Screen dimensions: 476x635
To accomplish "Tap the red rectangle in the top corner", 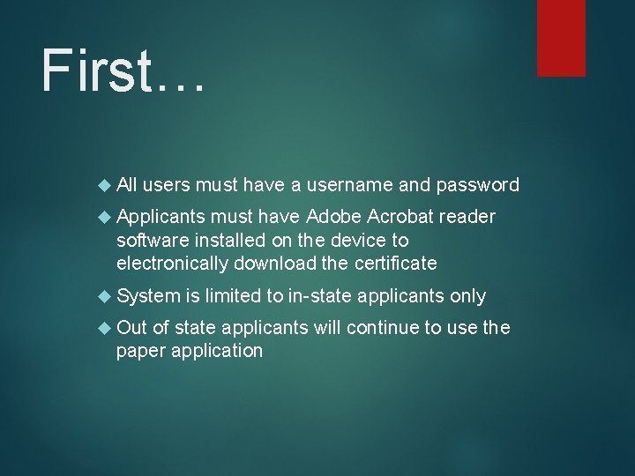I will pyautogui.click(x=562, y=37).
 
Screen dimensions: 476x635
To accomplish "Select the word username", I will pyautogui.click(x=348, y=185).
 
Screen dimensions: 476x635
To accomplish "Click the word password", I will pyautogui.click(x=476, y=185).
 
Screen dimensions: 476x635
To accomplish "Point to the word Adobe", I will pyautogui.click(x=333, y=217).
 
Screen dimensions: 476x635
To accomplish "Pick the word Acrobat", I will pyautogui.click(x=400, y=217).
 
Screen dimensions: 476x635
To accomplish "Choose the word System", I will pyautogui.click(x=147, y=296).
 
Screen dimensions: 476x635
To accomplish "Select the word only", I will pyautogui.click(x=467, y=296).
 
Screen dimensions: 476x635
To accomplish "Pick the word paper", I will pyautogui.click(x=139, y=351).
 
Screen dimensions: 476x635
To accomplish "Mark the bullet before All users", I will pyautogui.click(x=106, y=185).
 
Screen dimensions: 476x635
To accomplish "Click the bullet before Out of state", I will pyautogui.click(x=106, y=328).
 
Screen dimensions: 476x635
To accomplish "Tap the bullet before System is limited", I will pyautogui.click(x=106, y=296).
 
